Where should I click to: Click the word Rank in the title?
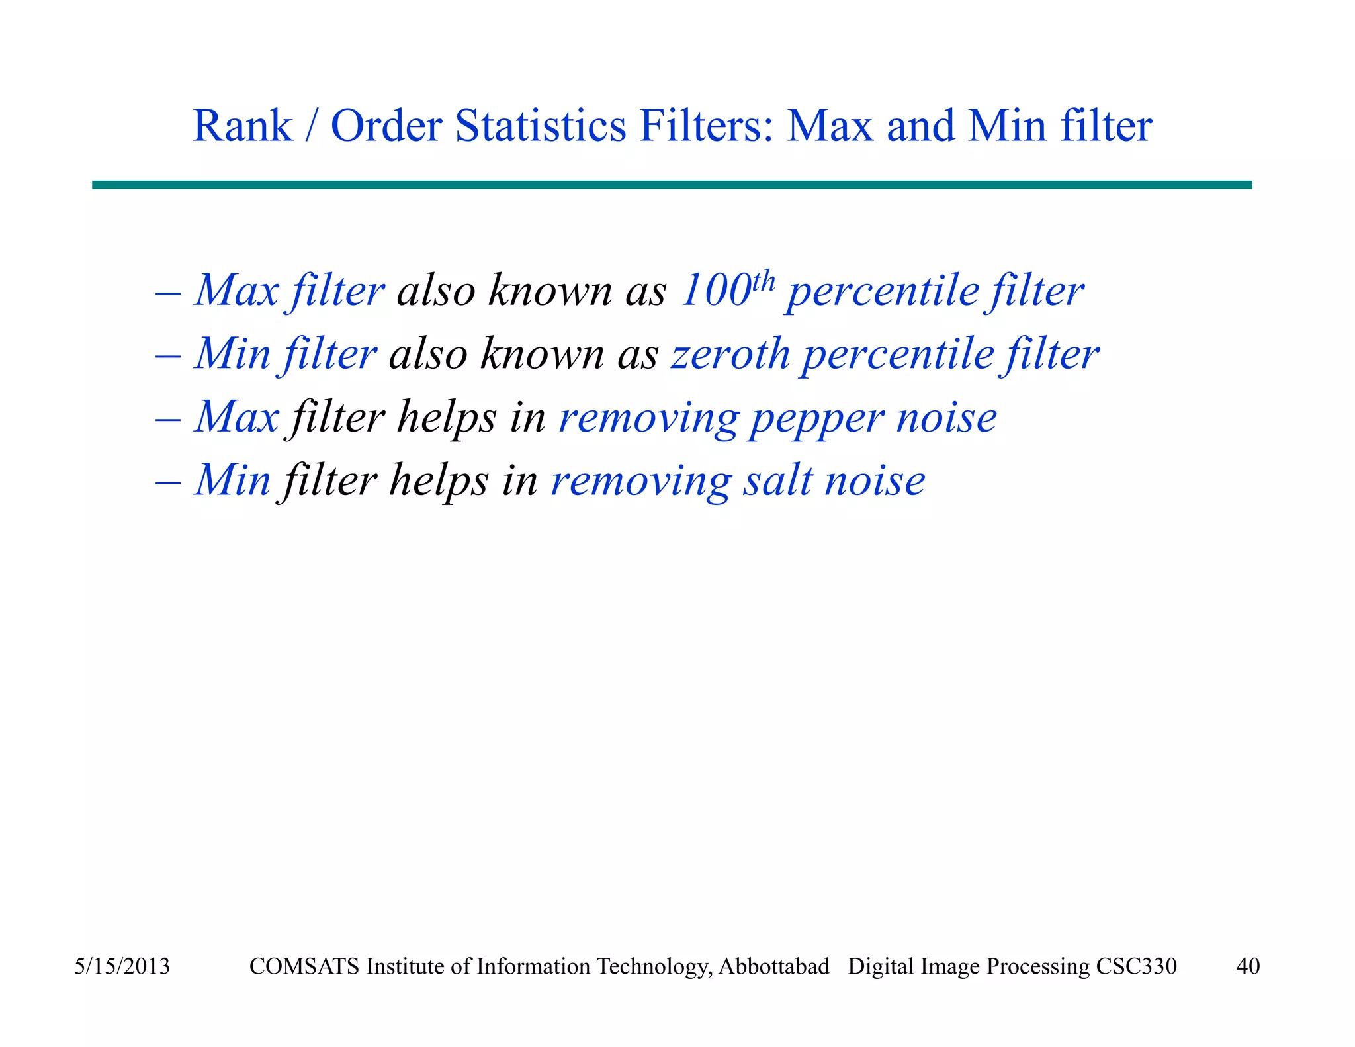(242, 126)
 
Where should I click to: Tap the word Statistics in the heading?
(540, 126)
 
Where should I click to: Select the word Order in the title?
(386, 126)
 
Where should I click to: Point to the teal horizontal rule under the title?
(672, 185)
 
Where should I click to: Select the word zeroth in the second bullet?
(730, 354)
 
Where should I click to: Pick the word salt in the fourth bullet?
(777, 481)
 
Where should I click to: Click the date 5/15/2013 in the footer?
(122, 966)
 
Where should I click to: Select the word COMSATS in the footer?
(305, 966)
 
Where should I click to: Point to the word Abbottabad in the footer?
(773, 966)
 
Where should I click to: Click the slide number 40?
(1248, 966)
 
